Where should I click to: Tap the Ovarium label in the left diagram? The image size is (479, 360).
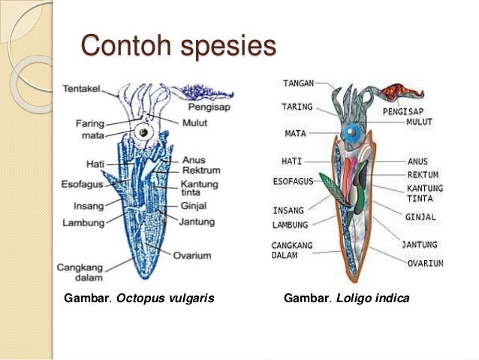point(194,255)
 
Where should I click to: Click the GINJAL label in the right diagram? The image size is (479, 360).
point(420,218)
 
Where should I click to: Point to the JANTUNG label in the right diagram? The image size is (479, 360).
point(422,245)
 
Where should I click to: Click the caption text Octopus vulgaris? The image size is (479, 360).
point(166,298)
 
